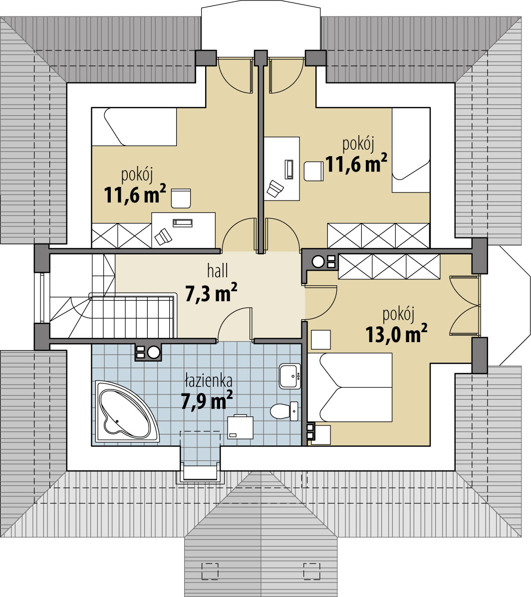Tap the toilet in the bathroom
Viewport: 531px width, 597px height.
(284, 411)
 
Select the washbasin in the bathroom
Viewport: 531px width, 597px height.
(290, 376)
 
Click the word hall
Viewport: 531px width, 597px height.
(218, 271)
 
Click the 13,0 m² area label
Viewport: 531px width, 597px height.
(396, 334)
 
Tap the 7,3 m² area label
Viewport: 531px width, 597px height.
(211, 292)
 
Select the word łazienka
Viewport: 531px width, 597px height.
(209, 380)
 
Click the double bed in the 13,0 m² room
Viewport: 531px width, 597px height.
(350, 387)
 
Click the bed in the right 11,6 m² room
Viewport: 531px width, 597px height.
(411, 150)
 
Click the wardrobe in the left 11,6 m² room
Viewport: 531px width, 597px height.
(121, 236)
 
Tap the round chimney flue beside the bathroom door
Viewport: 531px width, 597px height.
(154, 353)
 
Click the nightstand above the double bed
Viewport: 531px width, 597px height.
(321, 340)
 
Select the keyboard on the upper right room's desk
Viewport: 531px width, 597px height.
(289, 169)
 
